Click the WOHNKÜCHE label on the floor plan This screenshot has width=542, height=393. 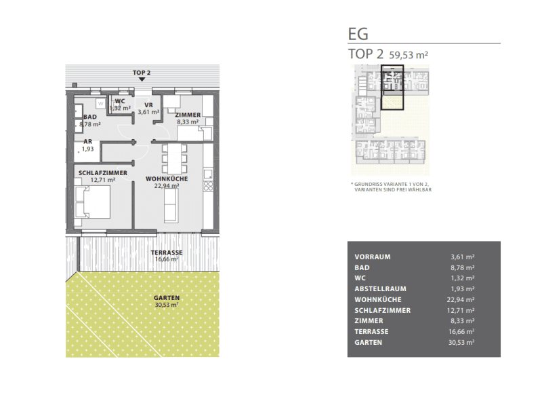click(x=167, y=179)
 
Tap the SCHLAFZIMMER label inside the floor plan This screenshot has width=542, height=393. click(x=103, y=173)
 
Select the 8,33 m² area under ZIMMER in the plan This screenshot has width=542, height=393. click(x=188, y=122)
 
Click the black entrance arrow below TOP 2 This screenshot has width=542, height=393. click(x=142, y=79)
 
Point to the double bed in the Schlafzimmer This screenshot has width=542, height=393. click(x=92, y=202)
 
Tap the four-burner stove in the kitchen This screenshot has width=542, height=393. click(x=208, y=186)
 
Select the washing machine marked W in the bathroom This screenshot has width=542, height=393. click(x=100, y=103)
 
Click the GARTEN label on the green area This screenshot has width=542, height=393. click(x=167, y=298)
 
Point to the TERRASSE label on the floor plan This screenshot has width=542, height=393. click(x=167, y=252)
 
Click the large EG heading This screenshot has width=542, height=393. click(x=358, y=35)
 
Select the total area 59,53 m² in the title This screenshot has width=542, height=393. click(x=409, y=55)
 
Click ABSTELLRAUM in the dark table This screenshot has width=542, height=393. click(x=380, y=288)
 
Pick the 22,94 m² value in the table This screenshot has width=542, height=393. click(x=461, y=299)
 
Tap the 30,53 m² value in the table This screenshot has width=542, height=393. click(x=461, y=343)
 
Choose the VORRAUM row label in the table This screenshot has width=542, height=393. click(x=373, y=257)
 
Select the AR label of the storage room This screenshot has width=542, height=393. click(x=88, y=142)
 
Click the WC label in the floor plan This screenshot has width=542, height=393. click(x=120, y=101)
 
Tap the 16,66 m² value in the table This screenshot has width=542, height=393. click(x=461, y=332)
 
